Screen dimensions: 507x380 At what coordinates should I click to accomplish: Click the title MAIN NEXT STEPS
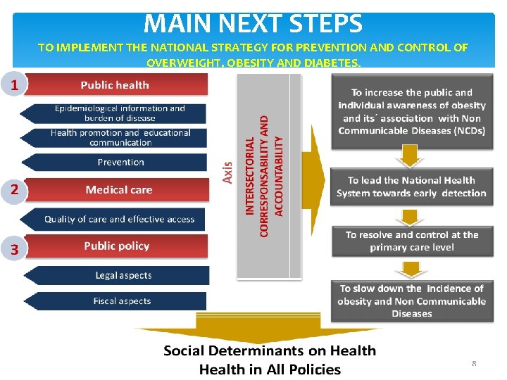253,23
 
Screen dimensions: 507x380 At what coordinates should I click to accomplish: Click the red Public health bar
116,85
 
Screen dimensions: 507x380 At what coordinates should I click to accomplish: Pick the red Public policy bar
117,246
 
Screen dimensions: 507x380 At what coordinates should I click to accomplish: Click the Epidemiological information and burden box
118,113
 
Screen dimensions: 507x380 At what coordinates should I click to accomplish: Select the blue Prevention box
120,162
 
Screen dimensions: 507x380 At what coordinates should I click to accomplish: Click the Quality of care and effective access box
118,219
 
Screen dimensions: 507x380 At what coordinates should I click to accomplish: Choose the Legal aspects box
123,275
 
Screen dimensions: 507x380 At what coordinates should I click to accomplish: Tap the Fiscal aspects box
121,301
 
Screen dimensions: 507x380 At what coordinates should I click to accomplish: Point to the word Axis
227,170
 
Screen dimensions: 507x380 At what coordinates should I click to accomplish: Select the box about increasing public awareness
412,111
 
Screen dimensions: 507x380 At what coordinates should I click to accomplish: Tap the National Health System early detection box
411,186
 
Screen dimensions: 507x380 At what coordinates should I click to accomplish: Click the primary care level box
411,241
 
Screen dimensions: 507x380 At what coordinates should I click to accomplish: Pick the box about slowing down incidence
411,300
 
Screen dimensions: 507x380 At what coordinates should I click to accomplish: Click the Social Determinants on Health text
270,350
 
